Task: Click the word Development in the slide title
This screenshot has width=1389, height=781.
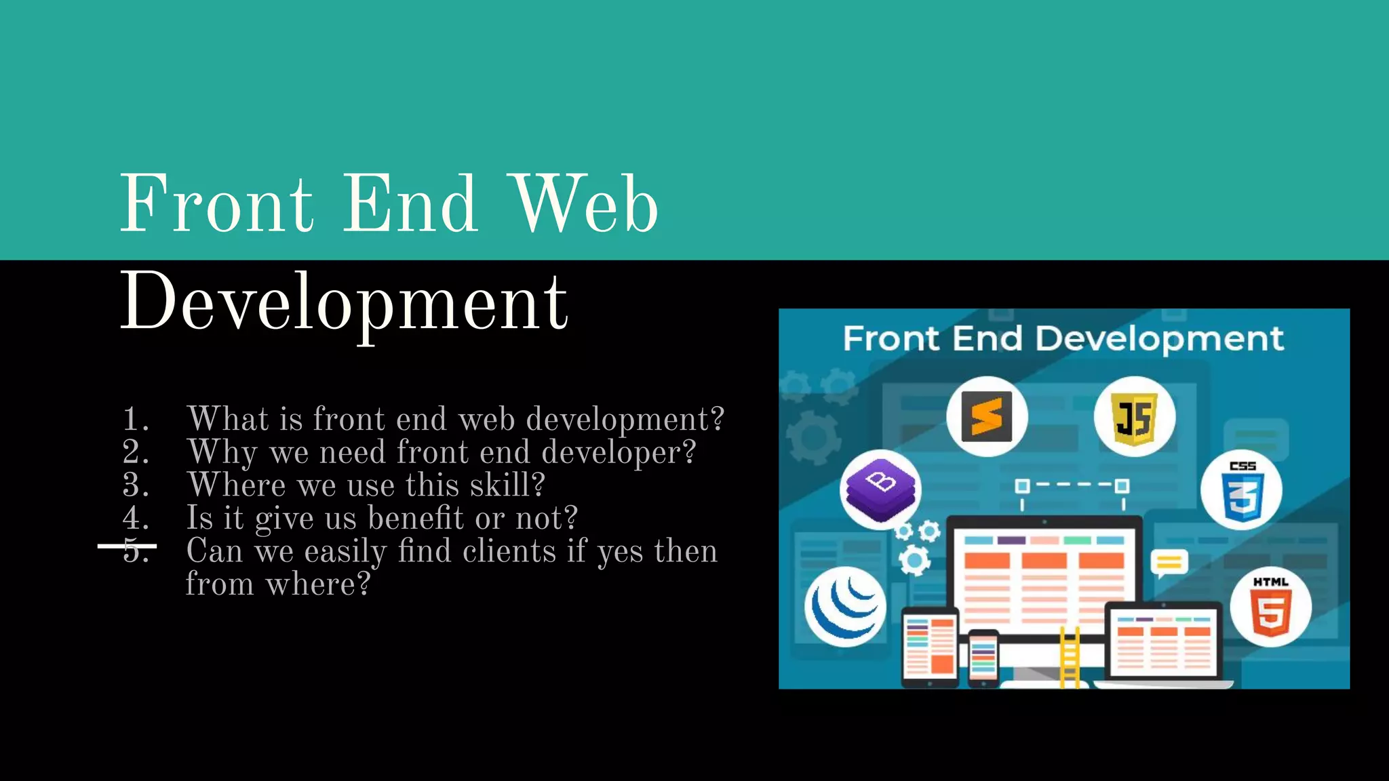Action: [344, 302]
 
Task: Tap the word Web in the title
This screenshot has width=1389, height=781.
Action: [585, 203]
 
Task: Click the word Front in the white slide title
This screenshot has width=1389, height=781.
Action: [216, 203]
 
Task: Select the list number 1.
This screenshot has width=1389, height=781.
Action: [135, 419]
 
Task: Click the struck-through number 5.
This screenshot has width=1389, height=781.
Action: [135, 550]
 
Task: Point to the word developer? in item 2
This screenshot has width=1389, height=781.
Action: [619, 452]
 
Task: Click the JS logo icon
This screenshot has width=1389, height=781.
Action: [1134, 416]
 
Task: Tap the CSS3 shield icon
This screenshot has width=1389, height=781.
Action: [1241, 490]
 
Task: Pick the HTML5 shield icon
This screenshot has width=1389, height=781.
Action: [1270, 607]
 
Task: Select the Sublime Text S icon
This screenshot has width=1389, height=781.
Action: [987, 416]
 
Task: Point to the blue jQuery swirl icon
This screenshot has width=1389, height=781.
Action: [845, 607]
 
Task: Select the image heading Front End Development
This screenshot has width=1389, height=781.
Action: [1063, 338]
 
